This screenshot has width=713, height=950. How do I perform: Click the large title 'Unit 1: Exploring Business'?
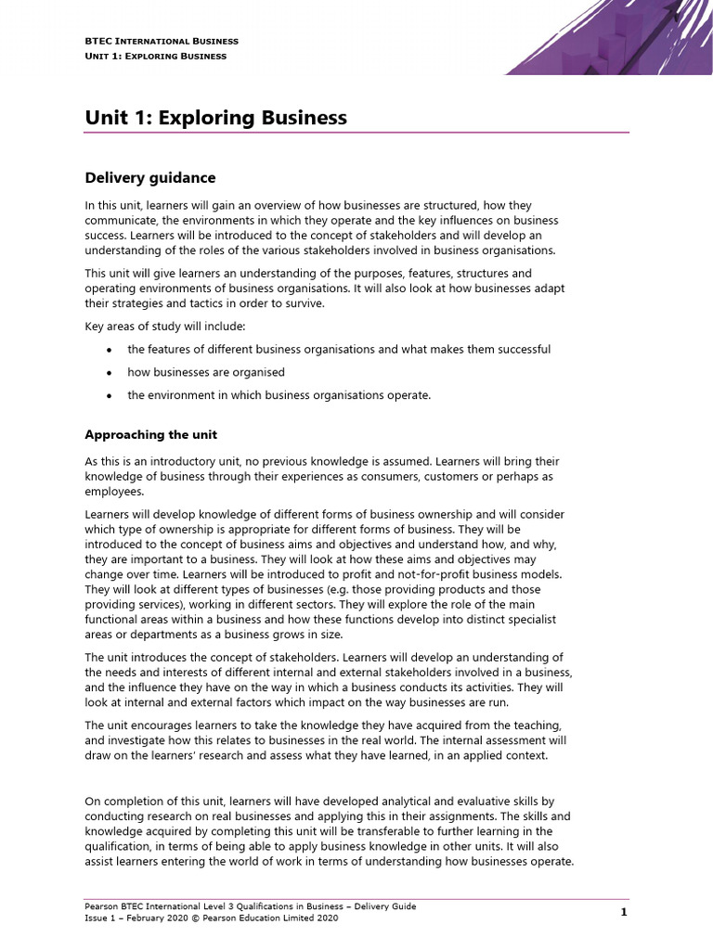tap(215, 118)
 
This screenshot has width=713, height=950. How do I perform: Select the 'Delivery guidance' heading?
tap(150, 177)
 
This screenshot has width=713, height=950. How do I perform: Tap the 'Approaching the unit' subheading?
tap(151, 434)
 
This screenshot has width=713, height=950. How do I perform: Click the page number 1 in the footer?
tap(624, 912)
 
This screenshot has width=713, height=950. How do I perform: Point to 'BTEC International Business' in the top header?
tap(162, 41)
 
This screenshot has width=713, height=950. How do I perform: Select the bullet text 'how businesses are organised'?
tap(206, 372)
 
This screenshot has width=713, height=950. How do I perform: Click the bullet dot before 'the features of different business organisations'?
tap(110, 350)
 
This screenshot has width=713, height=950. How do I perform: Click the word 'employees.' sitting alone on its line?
tap(114, 491)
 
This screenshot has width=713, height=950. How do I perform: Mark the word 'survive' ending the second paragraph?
tap(305, 303)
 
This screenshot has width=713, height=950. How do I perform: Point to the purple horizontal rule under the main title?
tap(356, 133)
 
